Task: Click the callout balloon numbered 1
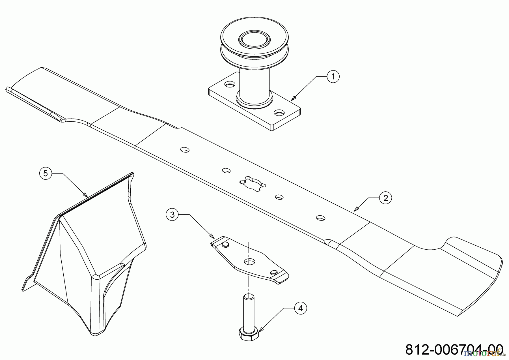pyautogui.click(x=333, y=76)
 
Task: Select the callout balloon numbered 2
pyautogui.click(x=386, y=198)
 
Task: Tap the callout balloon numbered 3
pyautogui.click(x=172, y=215)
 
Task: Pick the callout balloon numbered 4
pyautogui.click(x=300, y=308)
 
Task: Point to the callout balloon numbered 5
pyautogui.click(x=46, y=173)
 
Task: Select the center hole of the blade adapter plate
pyautogui.click(x=249, y=261)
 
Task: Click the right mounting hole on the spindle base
pyautogui.click(x=279, y=113)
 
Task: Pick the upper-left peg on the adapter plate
pyautogui.click(x=225, y=244)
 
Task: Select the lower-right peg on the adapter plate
pyautogui.click(x=273, y=272)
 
